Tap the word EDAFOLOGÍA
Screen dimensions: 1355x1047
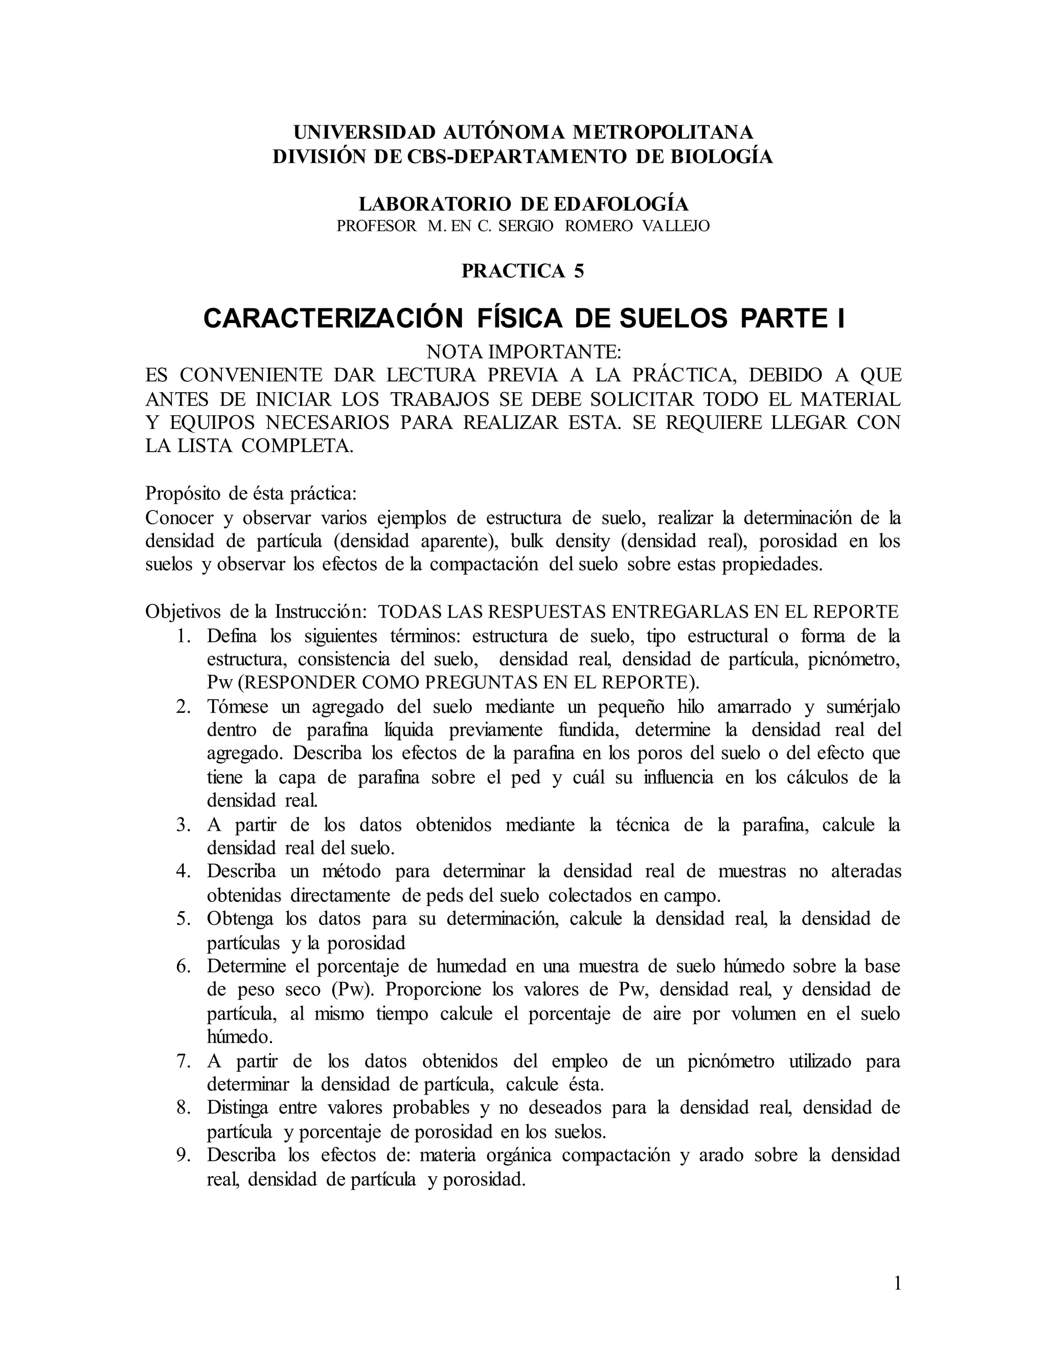coord(620,204)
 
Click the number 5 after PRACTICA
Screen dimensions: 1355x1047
coord(579,271)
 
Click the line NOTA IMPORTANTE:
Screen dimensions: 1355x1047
coord(523,352)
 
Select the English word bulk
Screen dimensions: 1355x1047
coord(528,541)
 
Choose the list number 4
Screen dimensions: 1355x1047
coord(183,871)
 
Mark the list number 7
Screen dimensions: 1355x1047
coord(183,1061)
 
